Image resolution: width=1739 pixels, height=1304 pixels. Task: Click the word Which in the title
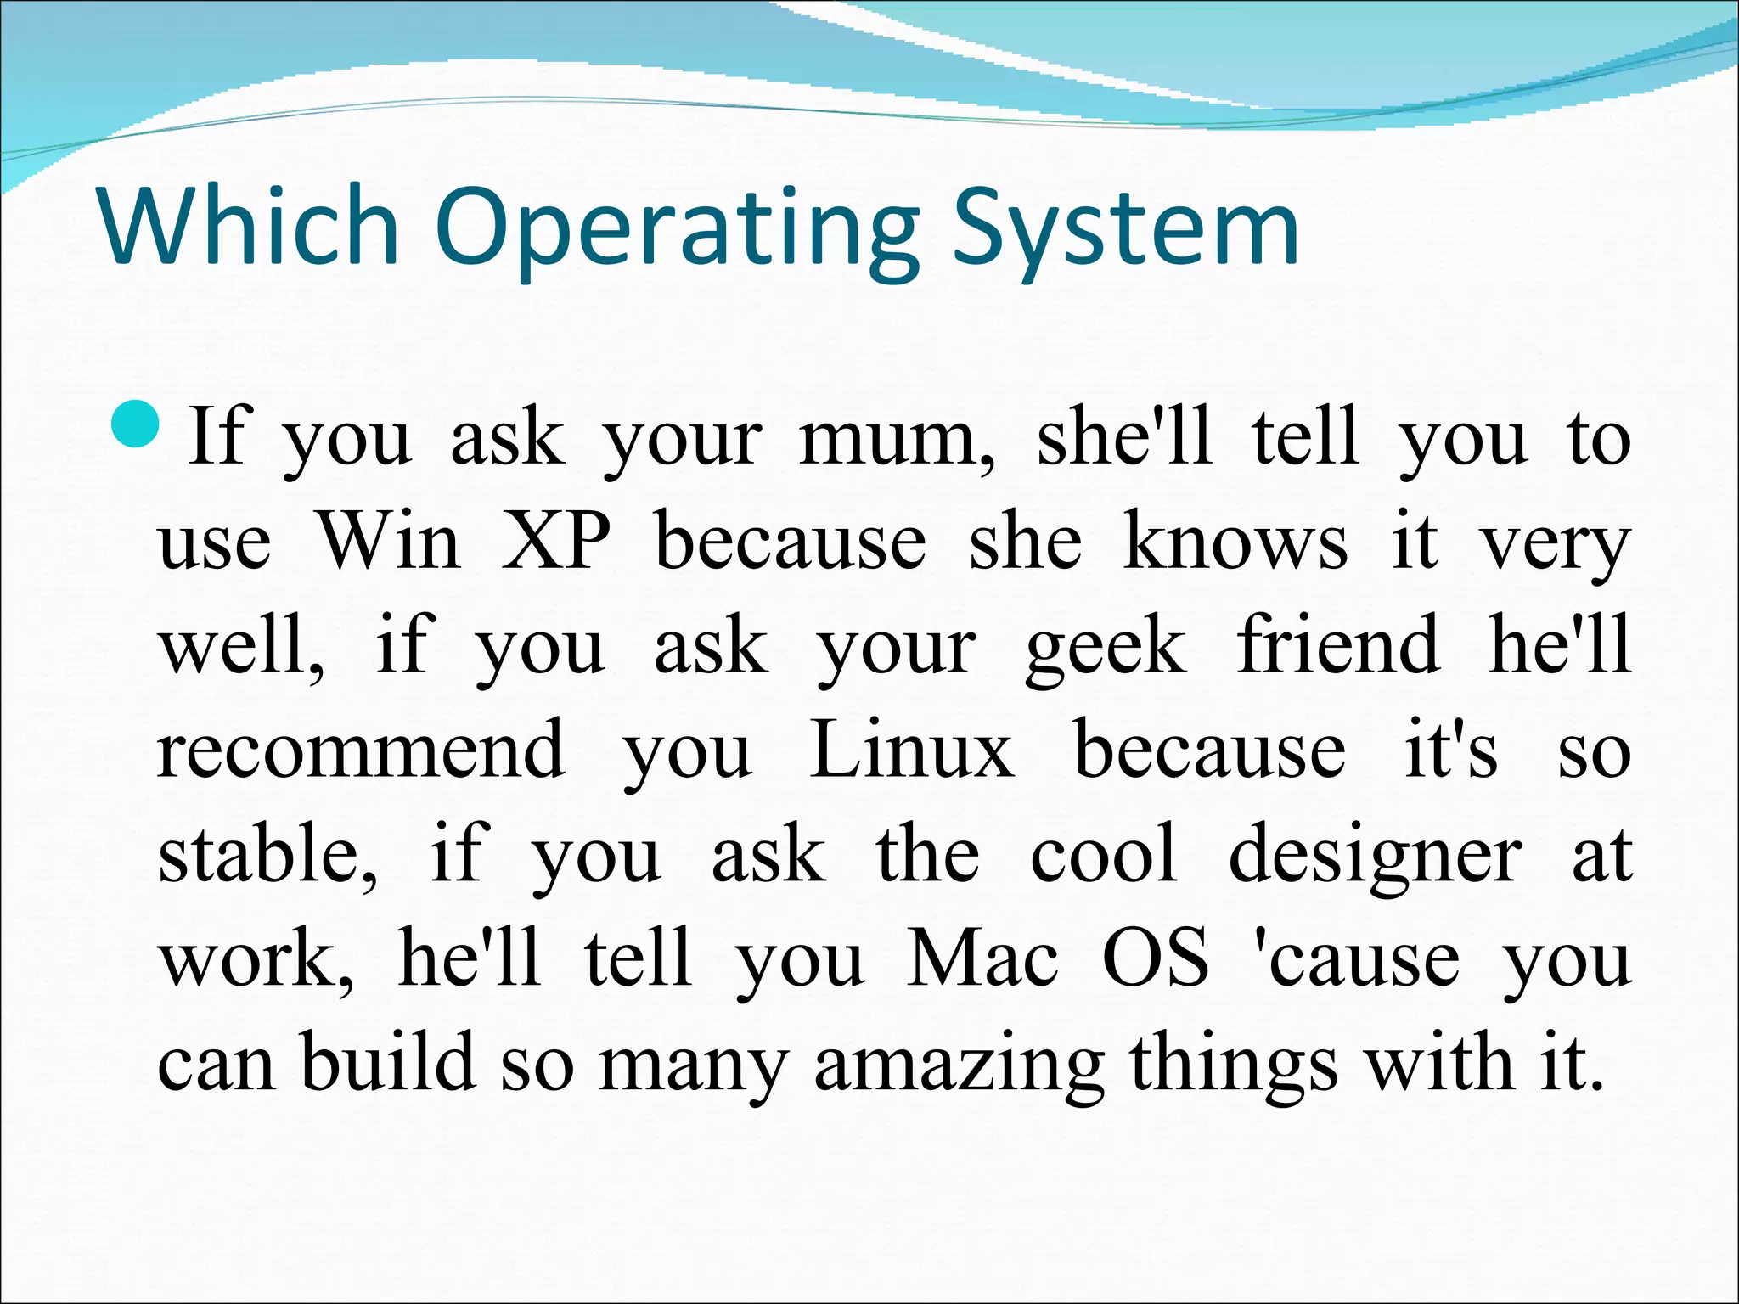tap(248, 227)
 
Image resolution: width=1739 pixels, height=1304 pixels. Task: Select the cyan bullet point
tap(135, 427)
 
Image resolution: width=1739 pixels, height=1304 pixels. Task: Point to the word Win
tap(389, 542)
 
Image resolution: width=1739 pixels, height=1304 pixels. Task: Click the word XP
tap(556, 542)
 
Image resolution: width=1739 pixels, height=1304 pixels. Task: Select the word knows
tap(1235, 542)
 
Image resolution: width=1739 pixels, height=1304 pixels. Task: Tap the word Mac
tap(982, 959)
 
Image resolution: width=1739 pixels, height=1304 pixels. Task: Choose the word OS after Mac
tap(1155, 959)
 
